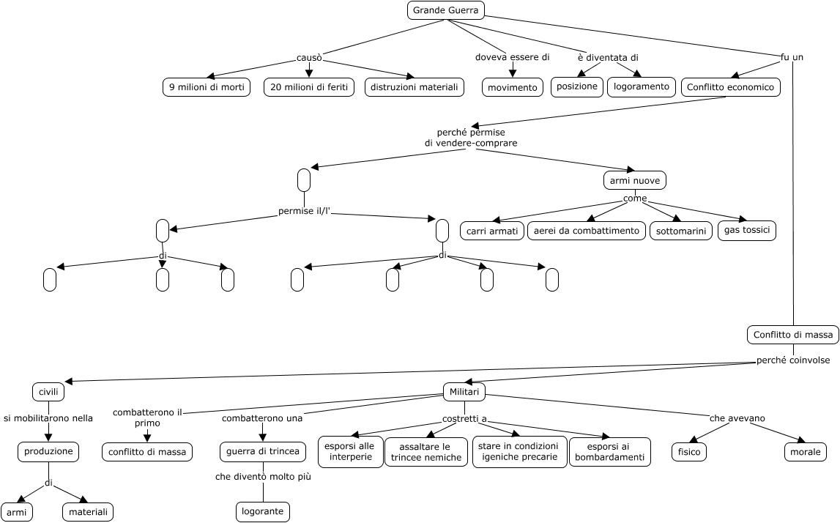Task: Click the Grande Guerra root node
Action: (x=445, y=10)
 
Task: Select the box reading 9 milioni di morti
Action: (x=206, y=87)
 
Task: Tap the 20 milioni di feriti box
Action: (x=309, y=87)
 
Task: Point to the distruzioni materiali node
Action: (x=415, y=87)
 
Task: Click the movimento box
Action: (x=512, y=87)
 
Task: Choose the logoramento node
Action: (x=641, y=86)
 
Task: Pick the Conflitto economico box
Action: (x=730, y=87)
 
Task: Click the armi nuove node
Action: (x=634, y=180)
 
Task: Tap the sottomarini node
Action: (x=680, y=231)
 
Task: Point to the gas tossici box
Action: (x=746, y=230)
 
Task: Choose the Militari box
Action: (x=464, y=392)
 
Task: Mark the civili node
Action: (x=48, y=392)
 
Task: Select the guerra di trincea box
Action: (x=262, y=451)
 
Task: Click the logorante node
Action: (x=263, y=511)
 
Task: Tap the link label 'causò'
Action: (x=309, y=58)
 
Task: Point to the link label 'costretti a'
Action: (x=464, y=419)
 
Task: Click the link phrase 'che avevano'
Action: (x=737, y=418)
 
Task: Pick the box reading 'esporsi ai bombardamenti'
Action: (x=609, y=452)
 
